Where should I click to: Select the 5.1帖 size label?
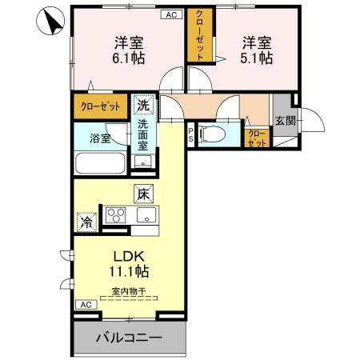[x=254, y=58]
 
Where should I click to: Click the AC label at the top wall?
[x=171, y=14]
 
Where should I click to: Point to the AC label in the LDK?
[x=85, y=305]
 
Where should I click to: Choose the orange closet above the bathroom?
[x=100, y=106]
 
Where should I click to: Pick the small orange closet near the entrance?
[x=256, y=138]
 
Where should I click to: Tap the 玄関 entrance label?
[x=285, y=121]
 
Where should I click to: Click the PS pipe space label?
[x=190, y=134]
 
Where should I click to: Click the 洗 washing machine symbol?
[x=142, y=105]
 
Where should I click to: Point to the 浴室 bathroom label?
[x=99, y=138]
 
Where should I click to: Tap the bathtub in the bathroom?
[x=99, y=166]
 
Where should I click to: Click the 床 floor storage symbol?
[x=142, y=193]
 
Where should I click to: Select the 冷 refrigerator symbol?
[x=85, y=218]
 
